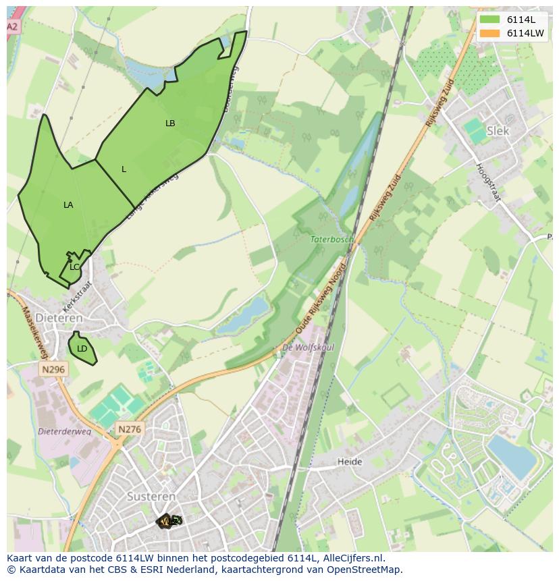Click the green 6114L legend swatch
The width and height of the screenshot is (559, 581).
(489, 20)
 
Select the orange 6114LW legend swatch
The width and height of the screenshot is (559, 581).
(489, 33)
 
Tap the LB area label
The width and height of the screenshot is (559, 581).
(170, 123)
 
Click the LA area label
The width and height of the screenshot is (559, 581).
(68, 205)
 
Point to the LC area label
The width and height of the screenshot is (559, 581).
(74, 267)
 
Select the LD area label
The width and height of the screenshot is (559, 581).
(82, 349)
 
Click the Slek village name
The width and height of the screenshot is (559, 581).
(498, 131)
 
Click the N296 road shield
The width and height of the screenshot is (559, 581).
(53, 369)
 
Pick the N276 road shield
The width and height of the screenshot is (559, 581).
(130, 429)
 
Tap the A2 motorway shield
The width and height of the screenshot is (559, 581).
(13, 26)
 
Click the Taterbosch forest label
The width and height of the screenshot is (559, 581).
(331, 239)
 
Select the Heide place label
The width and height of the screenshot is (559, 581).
(350, 462)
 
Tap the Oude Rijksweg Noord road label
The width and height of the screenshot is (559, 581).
(321, 297)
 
